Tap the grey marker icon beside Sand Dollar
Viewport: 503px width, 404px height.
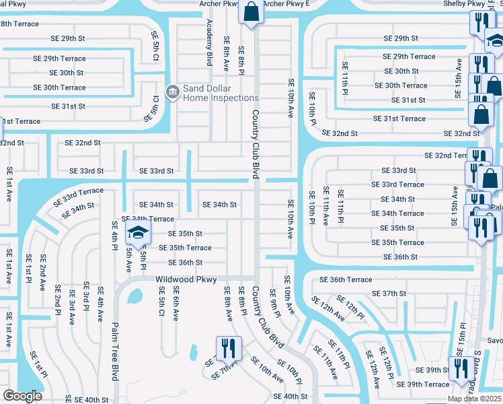172,91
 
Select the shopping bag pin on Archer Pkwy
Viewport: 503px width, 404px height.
251,13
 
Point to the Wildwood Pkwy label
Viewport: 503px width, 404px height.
186,279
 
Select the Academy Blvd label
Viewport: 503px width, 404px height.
210,42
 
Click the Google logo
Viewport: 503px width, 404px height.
23,396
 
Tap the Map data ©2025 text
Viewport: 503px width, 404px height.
474,399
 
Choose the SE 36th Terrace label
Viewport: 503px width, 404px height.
346,279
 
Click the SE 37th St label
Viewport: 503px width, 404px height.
389,294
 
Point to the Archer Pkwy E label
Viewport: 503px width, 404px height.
286,3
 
